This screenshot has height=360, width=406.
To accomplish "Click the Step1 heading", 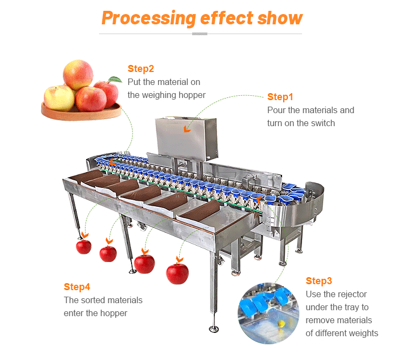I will coord(280,97).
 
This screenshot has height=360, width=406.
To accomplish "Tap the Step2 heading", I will coord(141,69).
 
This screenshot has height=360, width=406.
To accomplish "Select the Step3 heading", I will coord(319,281).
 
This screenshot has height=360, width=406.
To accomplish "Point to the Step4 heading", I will coord(77,286).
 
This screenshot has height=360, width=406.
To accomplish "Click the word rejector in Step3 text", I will coord(349,294).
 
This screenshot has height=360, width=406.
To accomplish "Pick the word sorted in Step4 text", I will coord(93,300).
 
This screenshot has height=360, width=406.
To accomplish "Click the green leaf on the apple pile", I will coord(114,80).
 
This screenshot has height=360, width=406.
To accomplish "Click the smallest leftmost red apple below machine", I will coord(83,246).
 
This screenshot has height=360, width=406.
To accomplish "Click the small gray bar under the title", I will coord(200,34).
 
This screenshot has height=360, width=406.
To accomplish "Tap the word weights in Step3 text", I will coord(364,333).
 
